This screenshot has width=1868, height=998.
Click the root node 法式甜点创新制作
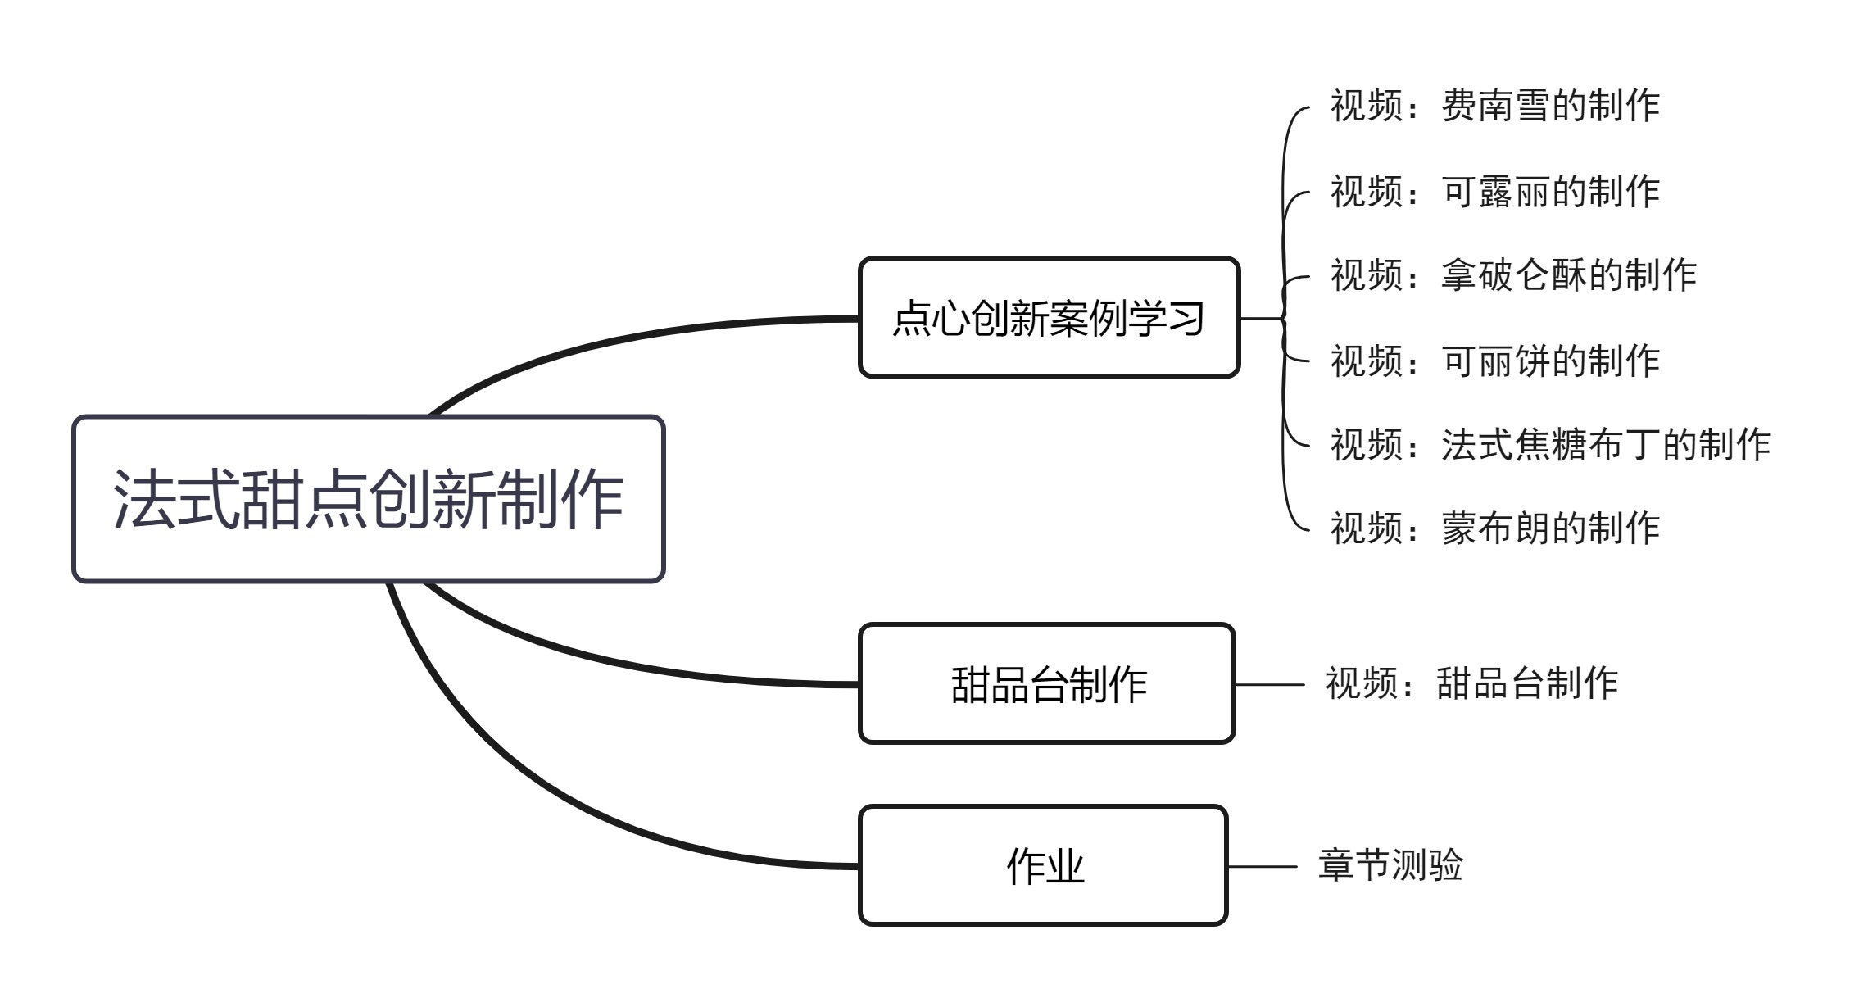368,499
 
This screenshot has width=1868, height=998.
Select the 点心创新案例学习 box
1049,318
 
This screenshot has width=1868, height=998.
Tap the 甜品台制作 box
1046,683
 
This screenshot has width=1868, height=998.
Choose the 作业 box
1043,865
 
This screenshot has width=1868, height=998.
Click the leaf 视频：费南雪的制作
1494,106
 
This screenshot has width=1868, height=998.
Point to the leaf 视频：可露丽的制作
1494,192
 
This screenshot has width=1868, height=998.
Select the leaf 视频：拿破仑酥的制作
1512,275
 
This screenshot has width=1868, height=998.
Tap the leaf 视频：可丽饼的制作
1494,361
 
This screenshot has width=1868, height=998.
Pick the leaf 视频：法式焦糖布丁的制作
1549,445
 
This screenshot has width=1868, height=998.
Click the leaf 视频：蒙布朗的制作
1494,528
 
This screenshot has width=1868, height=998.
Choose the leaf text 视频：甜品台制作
1471,683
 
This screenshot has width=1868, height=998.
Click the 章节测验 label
1390,865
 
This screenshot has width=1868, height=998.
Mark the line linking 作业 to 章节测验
1262,866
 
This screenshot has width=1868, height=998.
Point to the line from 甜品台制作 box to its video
1268,684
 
